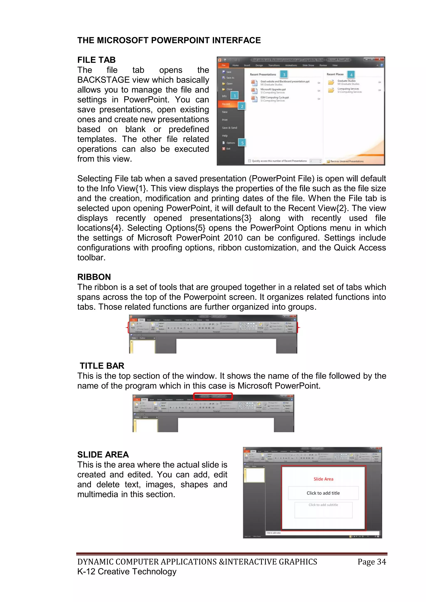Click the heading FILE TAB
[x=96, y=60]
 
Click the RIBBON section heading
[x=94, y=277]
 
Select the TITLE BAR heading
[x=102, y=366]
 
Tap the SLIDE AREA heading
[x=103, y=454]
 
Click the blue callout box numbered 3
[x=284, y=74]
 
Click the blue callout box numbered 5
[x=242, y=143]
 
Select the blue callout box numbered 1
[x=234, y=96]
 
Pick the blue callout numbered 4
[x=351, y=75]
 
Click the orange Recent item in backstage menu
[x=226, y=104]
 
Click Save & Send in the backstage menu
[x=229, y=128]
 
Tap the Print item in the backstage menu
[x=225, y=120]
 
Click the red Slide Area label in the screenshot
[x=323, y=479]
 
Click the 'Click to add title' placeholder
[x=323, y=493]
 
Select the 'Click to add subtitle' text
[x=323, y=505]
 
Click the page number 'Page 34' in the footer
[x=372, y=562]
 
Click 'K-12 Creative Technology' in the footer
[x=127, y=572]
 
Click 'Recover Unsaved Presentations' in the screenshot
[x=347, y=161]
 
